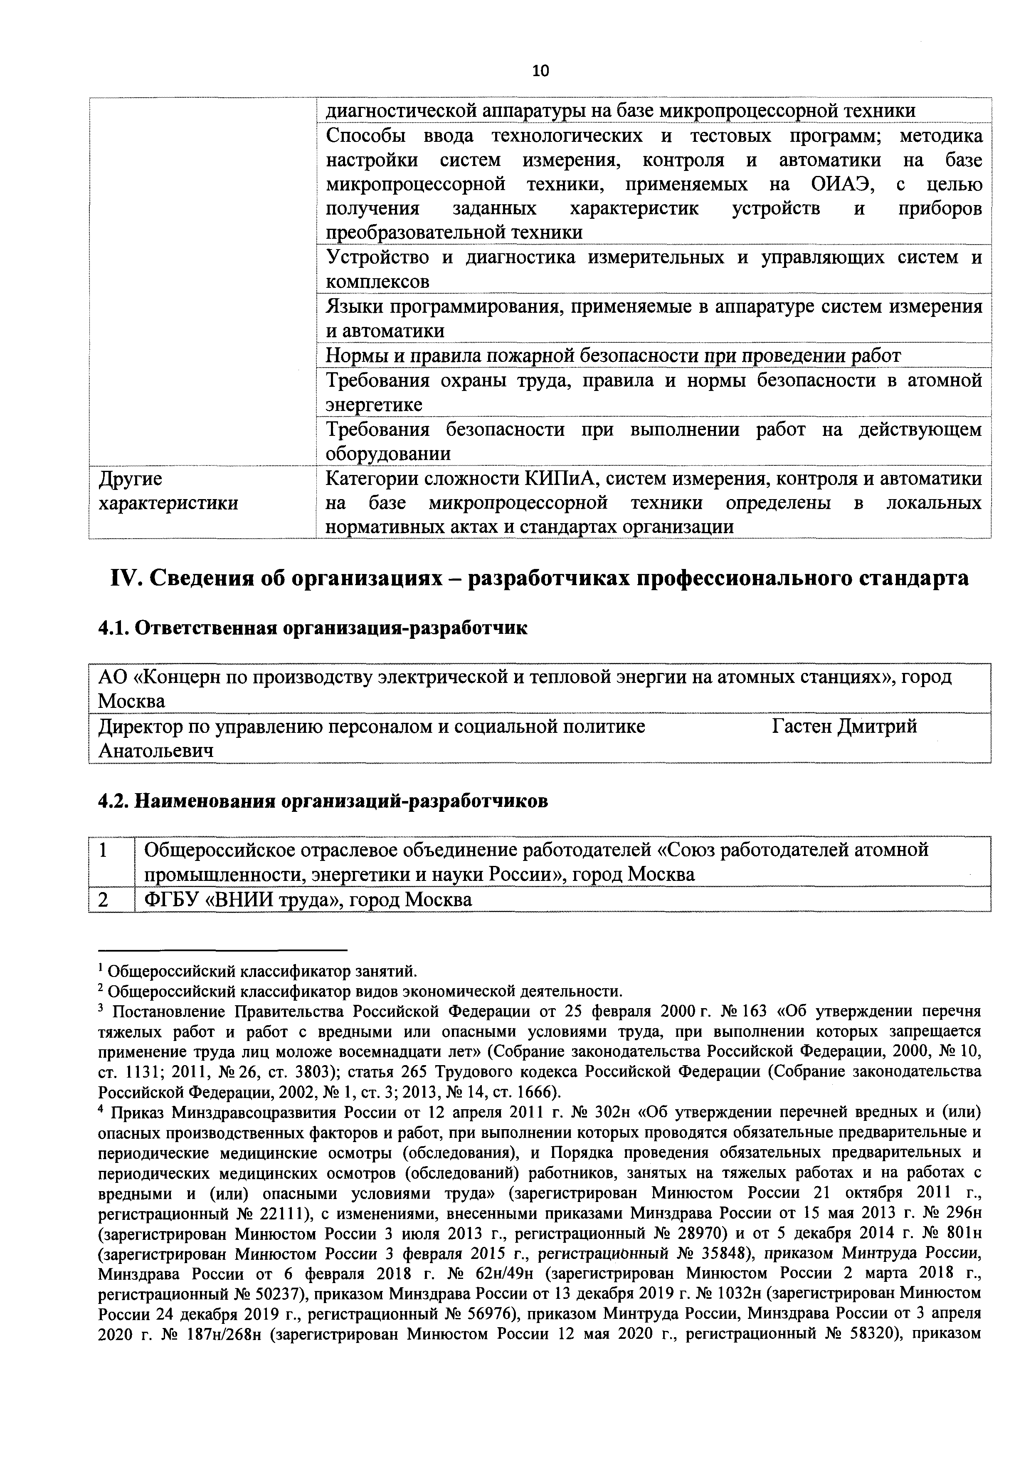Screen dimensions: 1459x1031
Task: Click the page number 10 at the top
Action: [540, 71]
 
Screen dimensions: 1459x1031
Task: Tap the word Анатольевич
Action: [155, 751]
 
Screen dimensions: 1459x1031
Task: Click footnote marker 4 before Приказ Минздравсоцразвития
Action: [101, 1111]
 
